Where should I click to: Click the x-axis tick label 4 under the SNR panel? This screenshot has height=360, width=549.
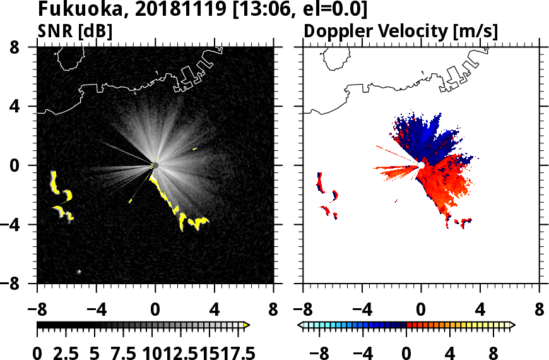coord(214,310)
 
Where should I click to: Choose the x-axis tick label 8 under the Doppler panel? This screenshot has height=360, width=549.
coord(540,310)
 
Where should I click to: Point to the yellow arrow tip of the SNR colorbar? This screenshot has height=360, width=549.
coord(247,325)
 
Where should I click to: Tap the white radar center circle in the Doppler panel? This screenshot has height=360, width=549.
coord(420,165)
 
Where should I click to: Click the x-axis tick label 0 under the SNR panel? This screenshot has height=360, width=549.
coord(155,310)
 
